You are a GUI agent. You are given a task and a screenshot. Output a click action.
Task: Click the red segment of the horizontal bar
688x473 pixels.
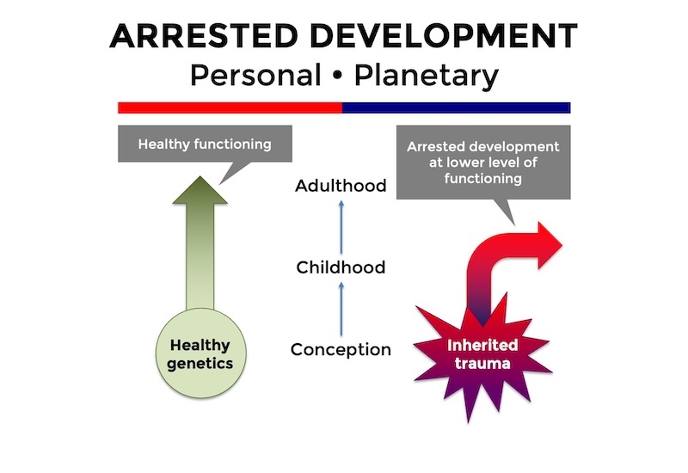[230, 107]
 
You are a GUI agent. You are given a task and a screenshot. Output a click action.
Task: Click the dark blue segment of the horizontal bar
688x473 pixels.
[456, 107]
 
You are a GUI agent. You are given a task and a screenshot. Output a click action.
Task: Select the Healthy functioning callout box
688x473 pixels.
[205, 144]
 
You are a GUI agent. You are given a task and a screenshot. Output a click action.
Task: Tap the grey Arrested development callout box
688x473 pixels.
[482, 163]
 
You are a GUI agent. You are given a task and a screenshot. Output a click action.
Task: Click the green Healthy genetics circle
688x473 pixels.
[200, 354]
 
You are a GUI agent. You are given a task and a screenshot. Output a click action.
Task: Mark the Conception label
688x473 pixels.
[341, 350]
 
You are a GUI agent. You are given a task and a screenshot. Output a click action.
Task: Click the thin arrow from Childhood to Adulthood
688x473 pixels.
[341, 226]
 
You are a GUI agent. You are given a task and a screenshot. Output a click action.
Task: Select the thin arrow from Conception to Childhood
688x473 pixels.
[341, 309]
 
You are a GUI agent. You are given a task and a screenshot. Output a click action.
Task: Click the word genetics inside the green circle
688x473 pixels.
[200, 364]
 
